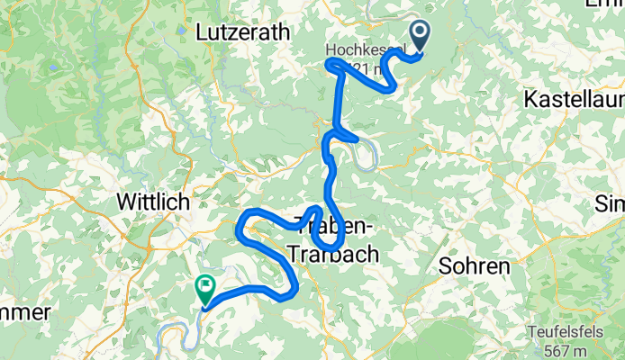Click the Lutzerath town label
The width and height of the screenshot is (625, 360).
pyautogui.click(x=243, y=31)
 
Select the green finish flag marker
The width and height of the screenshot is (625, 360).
pyautogui.click(x=204, y=290)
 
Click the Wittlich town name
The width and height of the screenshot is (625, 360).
pyautogui.click(x=155, y=202)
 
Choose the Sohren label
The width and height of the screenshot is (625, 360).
pyautogui.click(x=475, y=266)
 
